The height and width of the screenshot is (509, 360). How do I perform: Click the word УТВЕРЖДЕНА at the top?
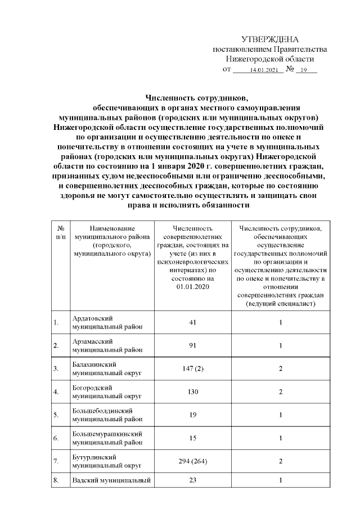point(269,39)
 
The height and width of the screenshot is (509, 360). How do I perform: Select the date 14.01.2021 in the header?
point(264,70)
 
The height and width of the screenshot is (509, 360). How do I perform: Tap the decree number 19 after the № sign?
point(304,70)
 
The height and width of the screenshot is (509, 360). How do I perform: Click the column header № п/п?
point(60,233)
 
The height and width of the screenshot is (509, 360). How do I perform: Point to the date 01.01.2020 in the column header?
point(192,287)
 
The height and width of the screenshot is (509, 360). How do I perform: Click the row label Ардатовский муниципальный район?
point(107,323)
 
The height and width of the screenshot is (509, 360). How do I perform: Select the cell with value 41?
point(192,323)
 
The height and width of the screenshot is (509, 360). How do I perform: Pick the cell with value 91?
point(192,345)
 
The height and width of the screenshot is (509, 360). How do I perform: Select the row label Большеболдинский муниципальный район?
point(107,415)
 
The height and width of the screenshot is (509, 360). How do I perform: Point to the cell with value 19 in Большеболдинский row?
point(192,415)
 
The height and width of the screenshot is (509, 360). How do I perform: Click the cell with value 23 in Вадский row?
point(192,481)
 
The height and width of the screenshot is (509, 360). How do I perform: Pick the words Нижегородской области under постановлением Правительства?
point(269,58)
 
